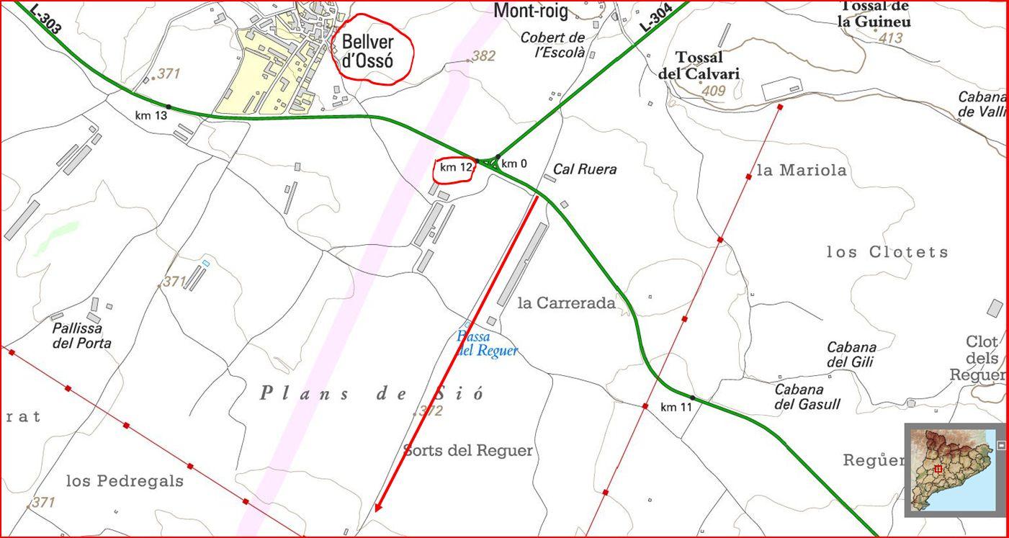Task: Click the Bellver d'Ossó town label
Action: [368, 51]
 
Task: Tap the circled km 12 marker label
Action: [456, 168]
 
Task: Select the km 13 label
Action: [151, 115]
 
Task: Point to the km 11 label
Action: [676, 408]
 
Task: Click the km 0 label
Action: [514, 164]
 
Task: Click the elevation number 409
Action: [713, 91]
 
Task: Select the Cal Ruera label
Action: [585, 170]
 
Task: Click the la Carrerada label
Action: [567, 303]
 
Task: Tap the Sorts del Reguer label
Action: [468, 451]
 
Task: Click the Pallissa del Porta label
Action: [82, 336]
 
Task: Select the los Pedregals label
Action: [125, 481]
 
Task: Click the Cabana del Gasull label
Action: [807, 397]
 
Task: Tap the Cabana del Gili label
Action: [851, 354]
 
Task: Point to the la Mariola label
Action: [802, 171]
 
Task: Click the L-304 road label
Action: [655, 17]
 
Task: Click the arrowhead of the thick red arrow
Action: [377, 508]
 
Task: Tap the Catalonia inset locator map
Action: [951, 470]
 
